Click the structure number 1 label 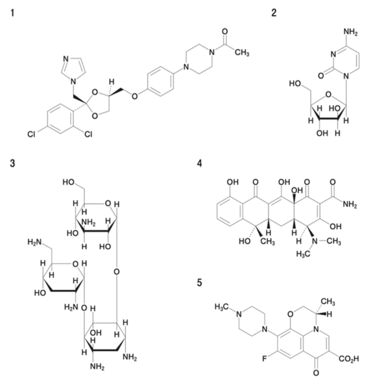point(13,13)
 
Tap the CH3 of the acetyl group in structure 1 point(242,52)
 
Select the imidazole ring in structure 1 point(73,68)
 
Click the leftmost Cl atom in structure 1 point(31,134)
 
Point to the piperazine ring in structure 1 point(199,59)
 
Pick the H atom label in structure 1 point(111,82)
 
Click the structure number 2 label point(274,13)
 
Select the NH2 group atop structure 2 point(350,32)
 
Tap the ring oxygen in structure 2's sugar point(328,94)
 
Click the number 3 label point(13,163)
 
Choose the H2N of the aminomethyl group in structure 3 point(35,242)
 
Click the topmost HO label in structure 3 point(69,182)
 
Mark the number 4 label point(200,163)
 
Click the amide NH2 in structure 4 point(350,205)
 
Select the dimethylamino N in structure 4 point(315,241)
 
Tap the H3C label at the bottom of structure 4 point(303,254)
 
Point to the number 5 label point(200,282)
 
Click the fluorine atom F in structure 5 point(264,359)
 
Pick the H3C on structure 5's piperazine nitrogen point(222,307)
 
